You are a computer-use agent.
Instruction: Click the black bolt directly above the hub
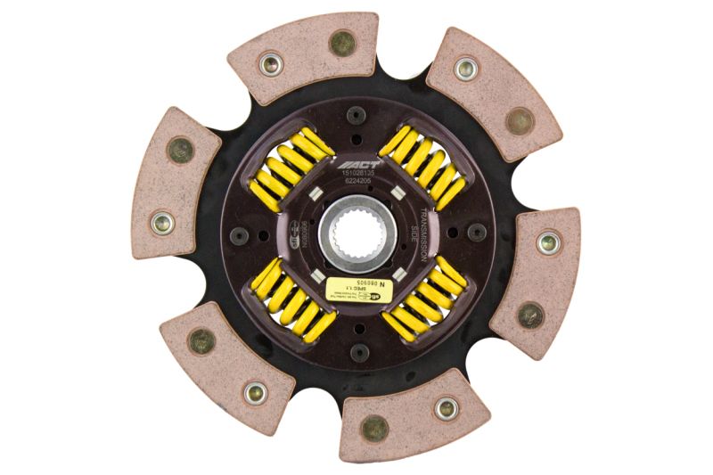point(356,115)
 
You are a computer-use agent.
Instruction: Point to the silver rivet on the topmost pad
point(271,62)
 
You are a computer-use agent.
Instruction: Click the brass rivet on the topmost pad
point(341,42)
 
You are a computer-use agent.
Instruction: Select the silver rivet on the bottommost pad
point(446,408)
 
